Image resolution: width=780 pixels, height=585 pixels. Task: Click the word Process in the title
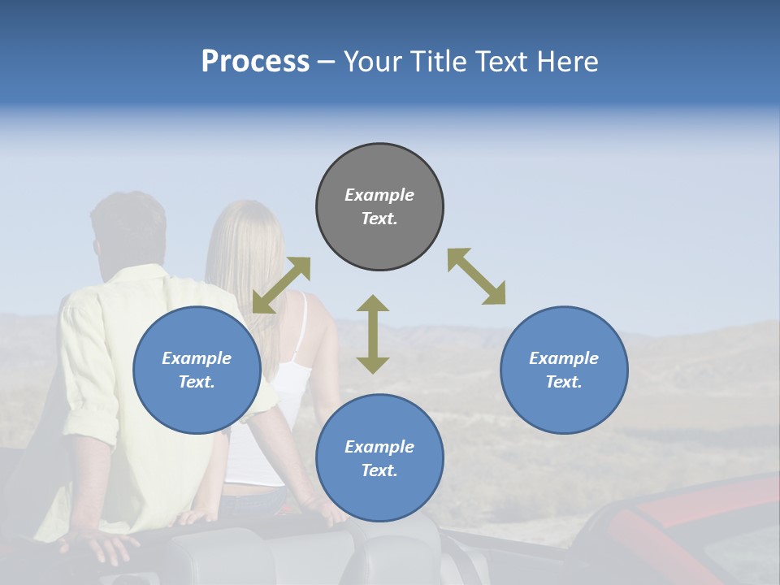tap(255, 62)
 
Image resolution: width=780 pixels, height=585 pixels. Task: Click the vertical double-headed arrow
tap(373, 334)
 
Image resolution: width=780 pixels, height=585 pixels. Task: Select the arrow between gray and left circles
tap(281, 285)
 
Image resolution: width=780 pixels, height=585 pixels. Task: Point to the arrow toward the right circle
tap(476, 277)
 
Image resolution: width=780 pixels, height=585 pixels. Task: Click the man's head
tap(128, 232)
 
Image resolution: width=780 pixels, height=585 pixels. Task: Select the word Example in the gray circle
tap(379, 195)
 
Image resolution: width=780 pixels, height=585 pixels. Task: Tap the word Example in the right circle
tap(564, 358)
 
